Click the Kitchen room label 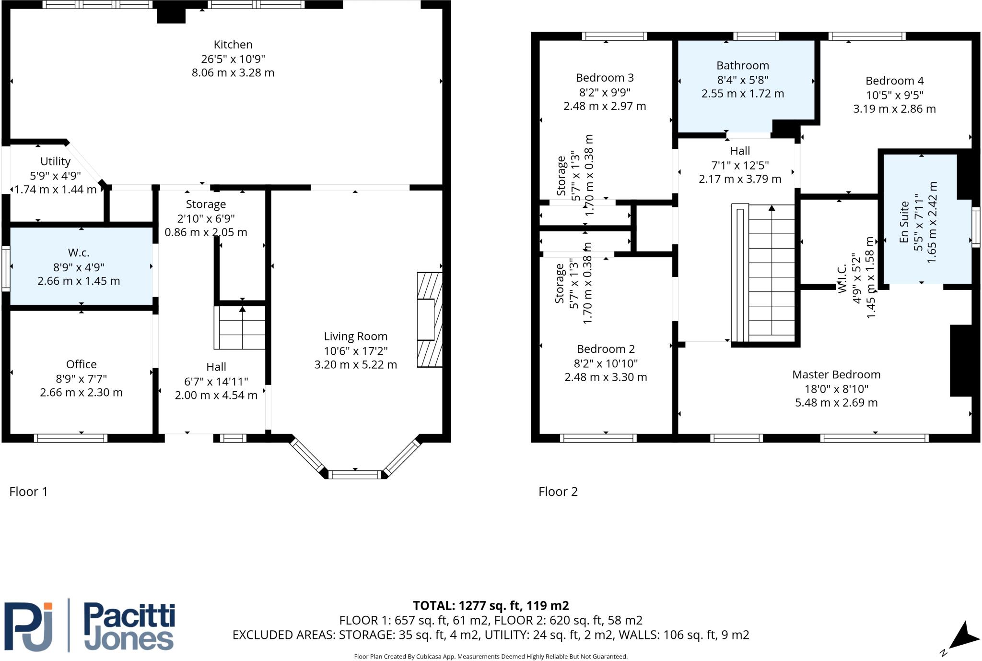tap(233, 45)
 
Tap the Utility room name tap(55, 161)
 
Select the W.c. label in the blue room tap(79, 252)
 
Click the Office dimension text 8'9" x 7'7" tap(81, 378)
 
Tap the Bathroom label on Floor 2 tap(742, 66)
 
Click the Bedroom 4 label tap(894, 81)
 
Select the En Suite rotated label tap(904, 222)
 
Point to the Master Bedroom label tap(836, 374)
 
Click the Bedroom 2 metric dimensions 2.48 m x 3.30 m tap(606, 377)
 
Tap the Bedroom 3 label tap(604, 78)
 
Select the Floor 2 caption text tap(558, 492)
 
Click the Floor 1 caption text tap(29, 492)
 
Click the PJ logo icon tap(29, 626)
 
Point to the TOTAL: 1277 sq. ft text tap(491, 606)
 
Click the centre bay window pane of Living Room tap(355, 475)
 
